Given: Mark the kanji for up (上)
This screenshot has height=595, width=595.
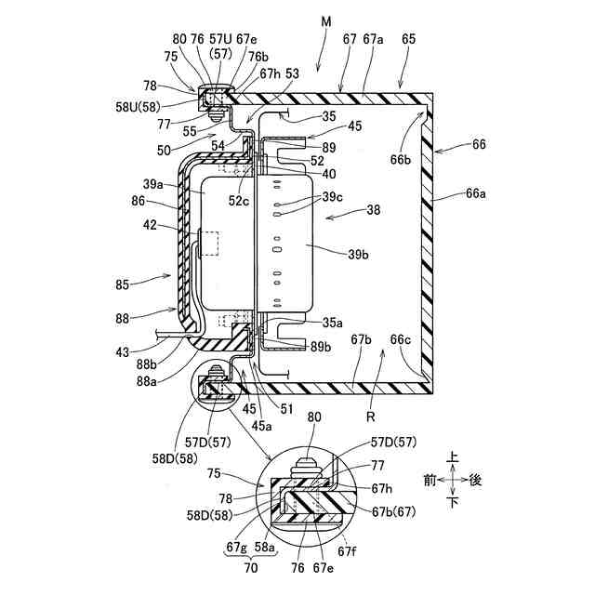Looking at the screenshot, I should coord(452,458).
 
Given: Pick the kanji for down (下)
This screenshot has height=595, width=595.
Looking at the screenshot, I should coord(452,503).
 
